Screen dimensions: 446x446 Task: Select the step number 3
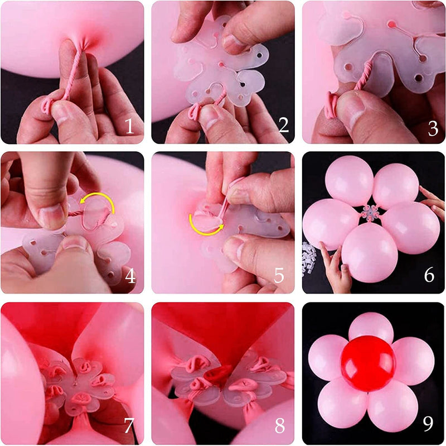click(433, 128)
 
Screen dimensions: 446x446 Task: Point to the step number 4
click(130, 275)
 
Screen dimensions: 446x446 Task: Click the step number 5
click(279, 275)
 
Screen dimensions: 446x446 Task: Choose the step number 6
click(429, 275)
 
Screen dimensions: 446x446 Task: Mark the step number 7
click(129, 426)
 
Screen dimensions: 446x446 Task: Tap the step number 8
click(279, 426)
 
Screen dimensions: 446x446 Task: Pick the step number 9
click(428, 425)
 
